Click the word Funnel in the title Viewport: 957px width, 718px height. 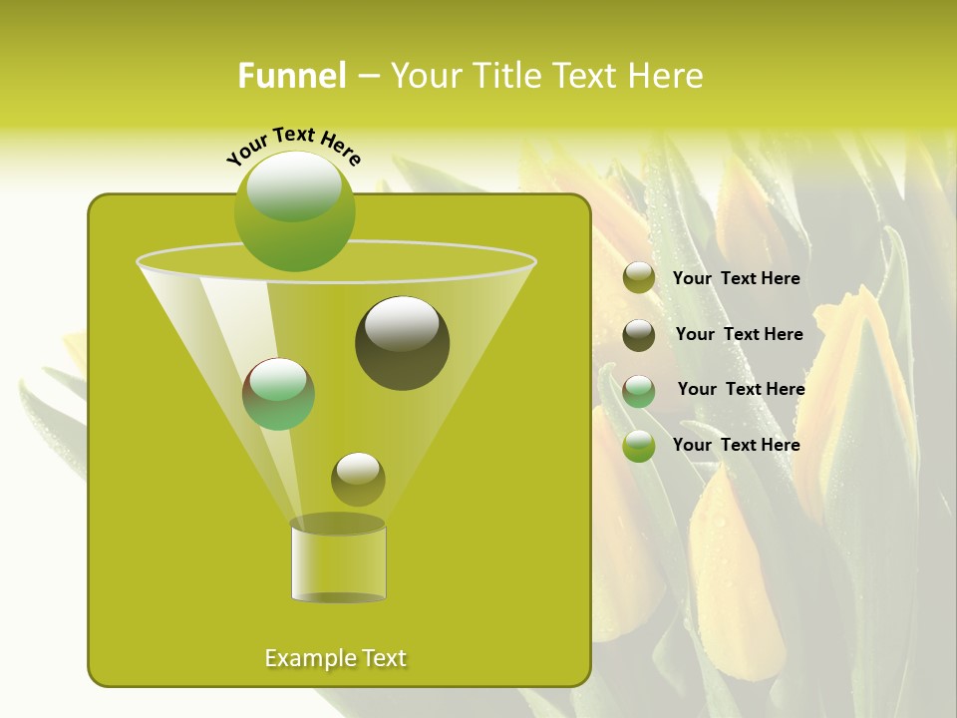291,76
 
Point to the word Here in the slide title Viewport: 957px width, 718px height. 660,76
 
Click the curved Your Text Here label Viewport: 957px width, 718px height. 293,146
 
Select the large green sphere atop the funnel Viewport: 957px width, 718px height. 295,211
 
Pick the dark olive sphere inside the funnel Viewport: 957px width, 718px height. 402,343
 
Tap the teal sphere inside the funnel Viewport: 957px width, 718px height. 279,394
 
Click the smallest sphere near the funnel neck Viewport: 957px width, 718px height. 358,479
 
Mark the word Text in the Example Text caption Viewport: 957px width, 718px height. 383,658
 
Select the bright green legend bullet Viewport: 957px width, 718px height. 639,446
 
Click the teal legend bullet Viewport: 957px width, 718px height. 639,391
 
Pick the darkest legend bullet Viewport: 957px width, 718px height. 639,335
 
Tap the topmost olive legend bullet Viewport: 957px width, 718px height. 639,278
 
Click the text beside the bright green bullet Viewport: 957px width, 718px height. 737,445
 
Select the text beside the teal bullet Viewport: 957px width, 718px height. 741,389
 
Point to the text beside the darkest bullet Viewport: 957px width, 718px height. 739,334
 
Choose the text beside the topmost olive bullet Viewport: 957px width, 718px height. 737,278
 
